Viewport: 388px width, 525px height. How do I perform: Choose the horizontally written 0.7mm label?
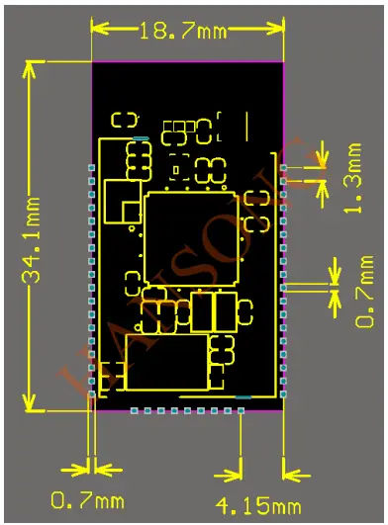click(88, 503)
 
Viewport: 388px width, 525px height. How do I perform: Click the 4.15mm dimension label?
click(258, 506)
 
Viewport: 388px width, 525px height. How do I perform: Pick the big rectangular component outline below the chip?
click(166, 363)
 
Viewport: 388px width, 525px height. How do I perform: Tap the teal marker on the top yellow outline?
click(141, 137)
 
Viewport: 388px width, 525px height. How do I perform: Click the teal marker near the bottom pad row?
click(242, 397)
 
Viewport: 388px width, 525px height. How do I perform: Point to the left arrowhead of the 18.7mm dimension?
click(96, 30)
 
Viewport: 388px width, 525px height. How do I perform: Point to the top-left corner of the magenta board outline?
click(92, 62)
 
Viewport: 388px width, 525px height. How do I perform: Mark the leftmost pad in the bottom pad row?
click(133, 410)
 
